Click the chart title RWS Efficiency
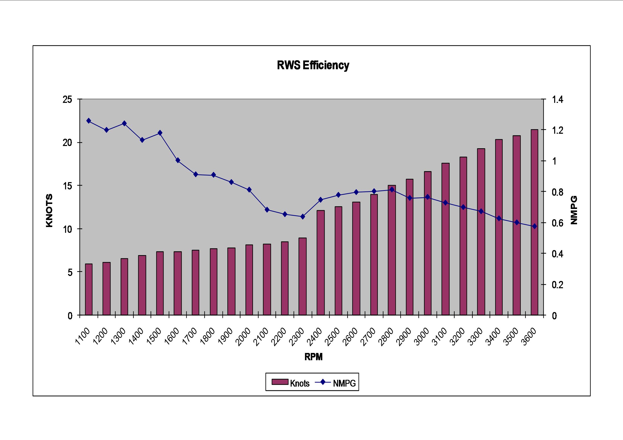(313, 65)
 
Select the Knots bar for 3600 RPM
(534, 222)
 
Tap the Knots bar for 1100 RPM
(89, 289)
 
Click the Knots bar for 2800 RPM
(392, 250)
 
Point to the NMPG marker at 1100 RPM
(89, 121)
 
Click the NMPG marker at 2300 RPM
(303, 216)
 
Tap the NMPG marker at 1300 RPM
(124, 123)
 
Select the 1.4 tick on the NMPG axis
(558, 99)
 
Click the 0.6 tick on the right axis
(558, 223)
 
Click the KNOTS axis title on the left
(49, 210)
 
